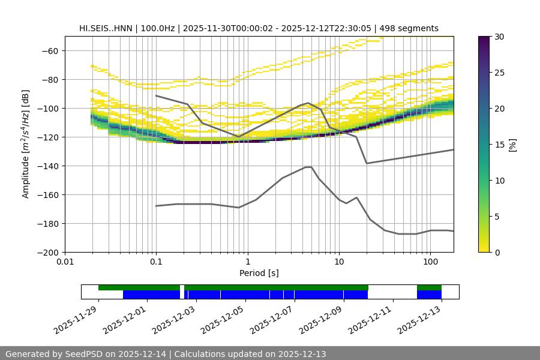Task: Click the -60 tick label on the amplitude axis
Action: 50,51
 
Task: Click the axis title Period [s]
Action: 259,273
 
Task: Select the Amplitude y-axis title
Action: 26,144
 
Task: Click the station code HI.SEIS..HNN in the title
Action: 106,28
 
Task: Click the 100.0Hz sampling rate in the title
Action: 157,28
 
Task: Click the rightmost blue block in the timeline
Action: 429,295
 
